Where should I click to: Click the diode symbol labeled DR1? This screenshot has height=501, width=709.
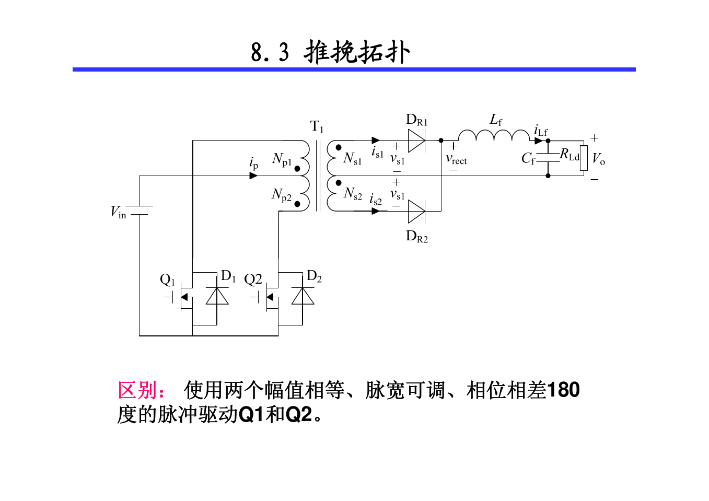[416, 141]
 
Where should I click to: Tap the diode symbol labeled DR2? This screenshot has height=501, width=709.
[416, 211]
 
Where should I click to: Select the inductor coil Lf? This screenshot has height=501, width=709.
[494, 136]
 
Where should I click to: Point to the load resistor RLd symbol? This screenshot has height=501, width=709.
[584, 158]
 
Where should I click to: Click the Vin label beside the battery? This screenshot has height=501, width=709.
[119, 212]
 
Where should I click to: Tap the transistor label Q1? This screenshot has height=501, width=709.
[167, 280]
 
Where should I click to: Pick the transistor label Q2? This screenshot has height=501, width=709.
[253, 279]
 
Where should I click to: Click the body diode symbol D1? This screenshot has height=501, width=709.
[217, 296]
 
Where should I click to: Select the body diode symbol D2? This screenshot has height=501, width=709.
[303, 296]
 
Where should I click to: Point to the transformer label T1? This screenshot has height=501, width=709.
[317, 126]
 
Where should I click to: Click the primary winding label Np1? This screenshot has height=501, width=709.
[282, 159]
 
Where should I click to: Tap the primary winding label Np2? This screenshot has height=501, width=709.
[281, 195]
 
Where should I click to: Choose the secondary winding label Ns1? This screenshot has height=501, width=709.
[352, 158]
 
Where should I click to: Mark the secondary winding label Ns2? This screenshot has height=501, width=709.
[353, 194]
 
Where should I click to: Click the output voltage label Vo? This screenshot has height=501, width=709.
[598, 159]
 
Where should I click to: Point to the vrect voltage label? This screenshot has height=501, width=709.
[456, 160]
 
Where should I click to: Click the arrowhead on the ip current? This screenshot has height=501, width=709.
[253, 176]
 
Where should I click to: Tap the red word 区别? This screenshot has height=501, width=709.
[137, 390]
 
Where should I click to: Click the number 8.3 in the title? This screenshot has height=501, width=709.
[270, 53]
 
